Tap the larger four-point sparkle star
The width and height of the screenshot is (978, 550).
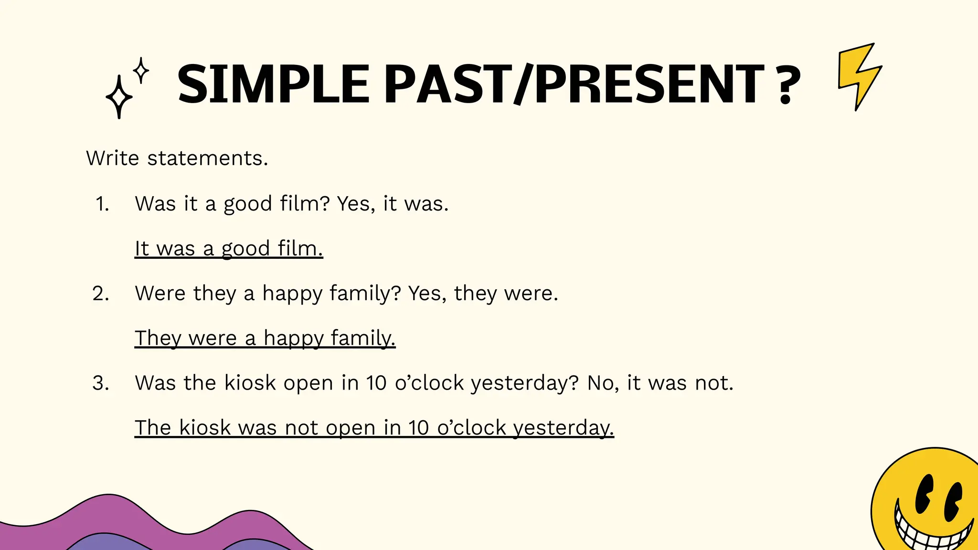119,97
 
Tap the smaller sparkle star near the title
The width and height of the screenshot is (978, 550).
141,71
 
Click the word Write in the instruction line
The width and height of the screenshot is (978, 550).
113,158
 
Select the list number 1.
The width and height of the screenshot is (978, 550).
102,204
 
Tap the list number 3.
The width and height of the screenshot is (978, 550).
101,383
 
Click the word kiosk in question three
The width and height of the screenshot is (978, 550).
250,383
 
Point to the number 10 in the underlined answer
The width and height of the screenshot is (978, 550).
419,428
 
